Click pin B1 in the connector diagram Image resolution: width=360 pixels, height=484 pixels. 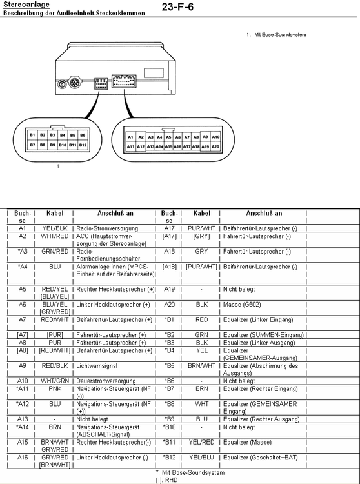click(x=32, y=135)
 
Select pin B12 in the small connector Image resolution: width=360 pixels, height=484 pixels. click(x=83, y=145)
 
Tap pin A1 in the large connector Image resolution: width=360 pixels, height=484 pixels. click(x=130, y=137)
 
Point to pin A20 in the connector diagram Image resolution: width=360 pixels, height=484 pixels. click(x=215, y=147)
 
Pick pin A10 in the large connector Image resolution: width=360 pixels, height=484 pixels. click(x=215, y=137)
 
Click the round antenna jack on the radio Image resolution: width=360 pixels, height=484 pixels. click(x=63, y=84)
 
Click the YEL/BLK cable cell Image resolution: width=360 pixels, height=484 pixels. click(x=55, y=228)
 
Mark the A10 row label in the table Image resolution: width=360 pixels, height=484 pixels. click(x=23, y=381)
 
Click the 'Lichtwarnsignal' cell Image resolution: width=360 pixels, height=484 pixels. click(x=97, y=366)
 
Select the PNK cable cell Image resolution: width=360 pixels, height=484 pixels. click(x=55, y=389)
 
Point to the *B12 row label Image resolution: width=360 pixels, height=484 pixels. click(x=170, y=457)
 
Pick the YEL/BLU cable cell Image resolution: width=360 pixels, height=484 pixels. click(x=201, y=457)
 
